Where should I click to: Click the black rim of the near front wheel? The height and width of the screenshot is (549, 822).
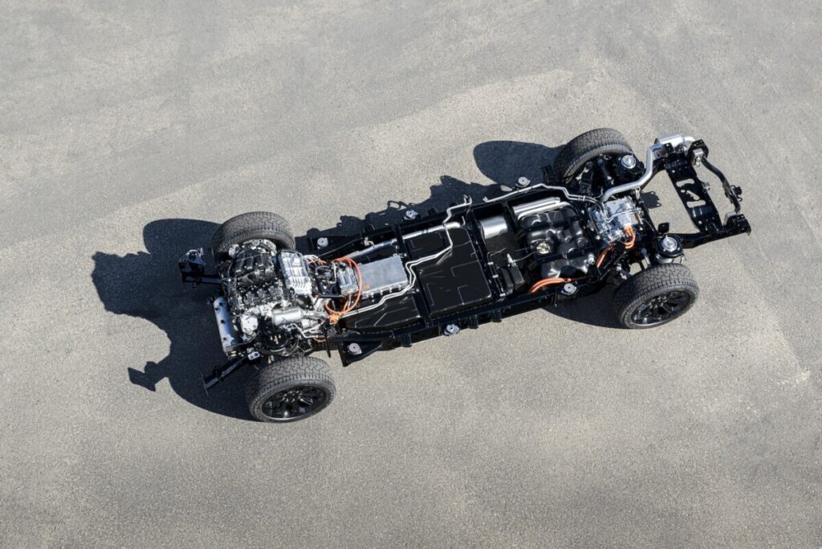(295, 401)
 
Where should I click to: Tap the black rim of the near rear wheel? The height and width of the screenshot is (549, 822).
(661, 306)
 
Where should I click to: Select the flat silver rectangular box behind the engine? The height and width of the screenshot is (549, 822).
(382, 275)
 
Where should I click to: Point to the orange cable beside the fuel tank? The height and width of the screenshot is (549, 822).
(549, 282)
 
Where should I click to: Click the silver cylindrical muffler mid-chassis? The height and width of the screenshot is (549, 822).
(493, 227)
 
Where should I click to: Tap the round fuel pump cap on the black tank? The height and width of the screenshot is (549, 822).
(543, 247)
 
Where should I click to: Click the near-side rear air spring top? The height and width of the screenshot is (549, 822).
(668, 244)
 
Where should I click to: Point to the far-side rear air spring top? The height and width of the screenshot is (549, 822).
(628, 162)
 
